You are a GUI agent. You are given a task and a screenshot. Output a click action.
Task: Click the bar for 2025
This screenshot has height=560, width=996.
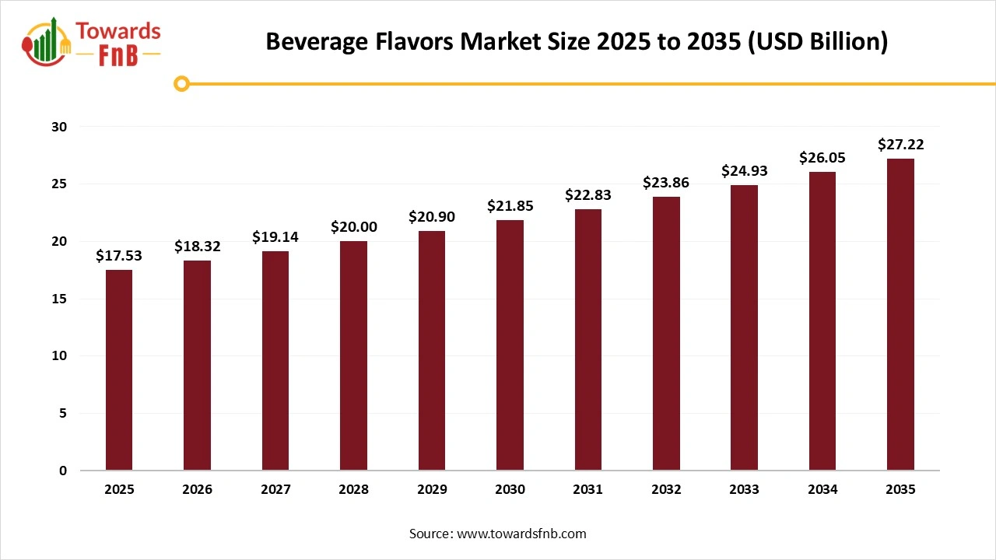pos(119,370)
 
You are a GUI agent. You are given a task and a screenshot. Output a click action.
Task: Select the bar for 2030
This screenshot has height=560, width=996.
pos(510,345)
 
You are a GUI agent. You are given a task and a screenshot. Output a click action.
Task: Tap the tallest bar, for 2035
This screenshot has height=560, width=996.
pos(900,314)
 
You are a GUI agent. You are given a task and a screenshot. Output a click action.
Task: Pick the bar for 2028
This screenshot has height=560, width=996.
pos(353,355)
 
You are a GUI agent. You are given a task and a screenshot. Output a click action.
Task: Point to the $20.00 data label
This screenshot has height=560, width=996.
pos(353,226)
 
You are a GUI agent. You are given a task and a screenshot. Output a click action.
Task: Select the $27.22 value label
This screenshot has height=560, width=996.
pos(900,144)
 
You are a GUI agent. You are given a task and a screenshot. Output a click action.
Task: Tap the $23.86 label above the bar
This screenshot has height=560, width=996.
pos(666,183)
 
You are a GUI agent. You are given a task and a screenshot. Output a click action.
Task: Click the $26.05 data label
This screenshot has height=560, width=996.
pos(822,157)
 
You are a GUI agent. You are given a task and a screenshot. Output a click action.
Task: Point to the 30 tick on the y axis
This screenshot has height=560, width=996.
pos(61,127)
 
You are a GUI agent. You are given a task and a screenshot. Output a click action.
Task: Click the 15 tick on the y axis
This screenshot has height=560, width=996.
pos(61,299)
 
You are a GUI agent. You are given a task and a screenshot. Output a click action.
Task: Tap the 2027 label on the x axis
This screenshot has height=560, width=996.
pos(275,490)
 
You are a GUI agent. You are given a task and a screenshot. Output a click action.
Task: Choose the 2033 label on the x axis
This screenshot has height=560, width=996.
pos(744,490)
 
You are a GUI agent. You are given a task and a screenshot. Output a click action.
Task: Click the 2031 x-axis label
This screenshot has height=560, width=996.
pos(587,490)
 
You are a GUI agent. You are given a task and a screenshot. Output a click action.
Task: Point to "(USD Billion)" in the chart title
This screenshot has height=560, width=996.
pos(817,41)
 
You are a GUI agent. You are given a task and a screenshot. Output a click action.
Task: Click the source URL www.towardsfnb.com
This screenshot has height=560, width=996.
pos(521,534)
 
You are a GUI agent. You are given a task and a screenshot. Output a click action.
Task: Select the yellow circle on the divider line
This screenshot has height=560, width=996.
pos(181,83)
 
